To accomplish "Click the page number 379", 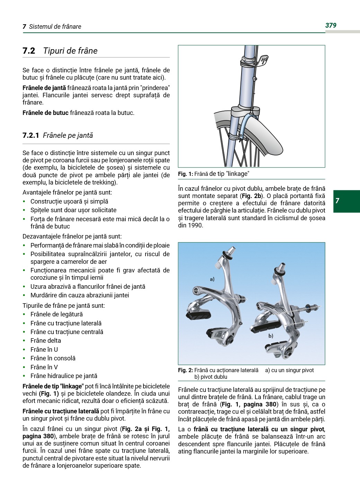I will pos(331,25).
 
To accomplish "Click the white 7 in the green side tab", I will pos(337,201).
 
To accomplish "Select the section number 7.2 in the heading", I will pos(29,51).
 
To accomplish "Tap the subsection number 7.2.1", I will pos(31,135).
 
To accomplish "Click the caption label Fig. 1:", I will pos(185,174).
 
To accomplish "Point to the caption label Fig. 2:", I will pos(185,370).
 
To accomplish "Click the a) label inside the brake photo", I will pos(212,279).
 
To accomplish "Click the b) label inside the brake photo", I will pos(271,336).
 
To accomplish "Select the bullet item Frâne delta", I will pos(46,341).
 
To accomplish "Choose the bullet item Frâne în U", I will pos(44,350).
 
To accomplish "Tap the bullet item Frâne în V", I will pos(44,367).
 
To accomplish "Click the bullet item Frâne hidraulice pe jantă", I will pos(64,376).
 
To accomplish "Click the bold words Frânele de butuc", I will pos(45,113).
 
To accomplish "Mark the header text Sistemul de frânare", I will pos(55,27).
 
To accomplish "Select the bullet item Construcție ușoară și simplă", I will pos(69,201).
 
